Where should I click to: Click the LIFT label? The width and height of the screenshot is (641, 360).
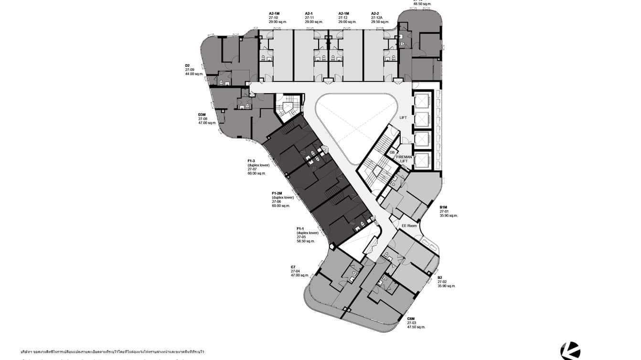click(403, 117)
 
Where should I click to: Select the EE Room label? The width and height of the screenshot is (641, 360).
click(409, 225)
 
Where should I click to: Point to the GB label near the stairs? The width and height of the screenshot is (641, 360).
click(392, 152)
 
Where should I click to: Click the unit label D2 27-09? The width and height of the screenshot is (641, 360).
click(194, 70)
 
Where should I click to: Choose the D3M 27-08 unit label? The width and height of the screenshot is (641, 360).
click(207, 119)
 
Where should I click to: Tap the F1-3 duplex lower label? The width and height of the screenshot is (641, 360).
click(258, 167)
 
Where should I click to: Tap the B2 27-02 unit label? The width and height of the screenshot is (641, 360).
click(446, 282)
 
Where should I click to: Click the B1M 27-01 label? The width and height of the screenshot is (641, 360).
click(449, 211)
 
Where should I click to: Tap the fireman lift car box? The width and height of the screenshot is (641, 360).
click(423, 161)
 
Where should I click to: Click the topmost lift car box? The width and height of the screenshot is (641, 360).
click(423, 101)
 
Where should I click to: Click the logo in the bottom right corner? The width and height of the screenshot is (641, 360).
click(570, 351)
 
